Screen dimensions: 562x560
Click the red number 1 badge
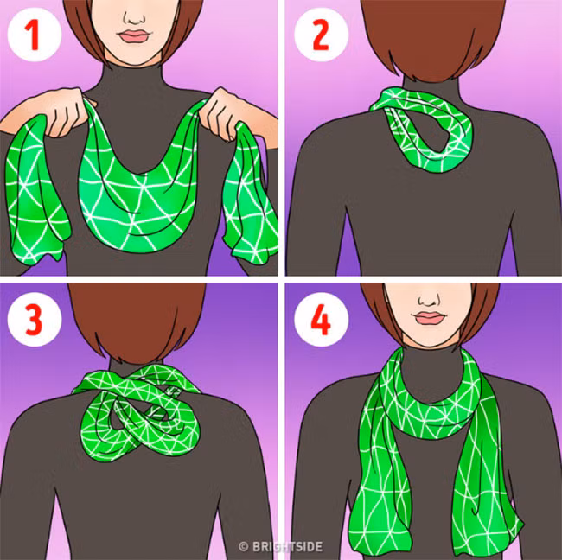[x=35, y=35]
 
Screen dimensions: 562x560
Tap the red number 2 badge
[x=321, y=35]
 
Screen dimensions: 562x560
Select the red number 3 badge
[x=35, y=320]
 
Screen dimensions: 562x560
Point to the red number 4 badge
[x=321, y=320]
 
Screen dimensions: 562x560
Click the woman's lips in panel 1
[x=133, y=36]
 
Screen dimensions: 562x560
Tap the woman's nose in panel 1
[x=134, y=17]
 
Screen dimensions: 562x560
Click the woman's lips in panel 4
[x=429, y=318]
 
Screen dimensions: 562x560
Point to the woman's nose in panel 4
[x=430, y=298]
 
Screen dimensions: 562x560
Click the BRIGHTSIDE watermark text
[x=281, y=547]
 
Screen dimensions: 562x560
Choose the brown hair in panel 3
[x=138, y=322]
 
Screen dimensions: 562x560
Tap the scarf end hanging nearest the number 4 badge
[x=381, y=466]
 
